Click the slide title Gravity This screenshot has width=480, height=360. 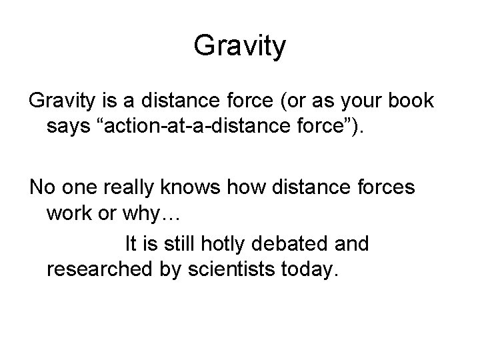pyautogui.click(x=240, y=45)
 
